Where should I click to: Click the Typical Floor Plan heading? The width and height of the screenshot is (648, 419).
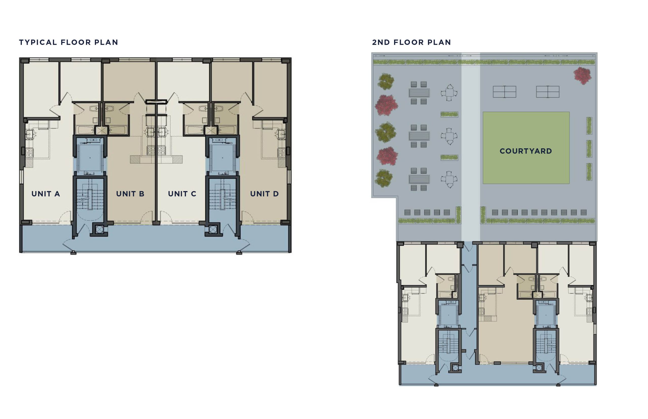pos(69,42)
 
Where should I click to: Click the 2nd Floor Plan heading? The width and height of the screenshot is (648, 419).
pos(412,42)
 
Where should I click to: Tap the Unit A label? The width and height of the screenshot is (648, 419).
pos(46,194)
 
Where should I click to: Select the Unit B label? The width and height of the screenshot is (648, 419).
pos(130,194)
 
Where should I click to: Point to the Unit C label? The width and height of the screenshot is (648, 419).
pos(182,194)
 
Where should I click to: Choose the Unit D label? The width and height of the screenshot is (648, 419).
pos(264,194)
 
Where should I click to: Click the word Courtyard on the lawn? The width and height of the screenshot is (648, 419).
pos(526,151)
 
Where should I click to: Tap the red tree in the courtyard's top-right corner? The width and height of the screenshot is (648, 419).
pos(582,75)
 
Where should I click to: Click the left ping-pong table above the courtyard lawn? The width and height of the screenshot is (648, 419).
pos(504,92)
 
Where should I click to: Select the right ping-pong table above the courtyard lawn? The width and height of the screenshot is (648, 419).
pos(548,92)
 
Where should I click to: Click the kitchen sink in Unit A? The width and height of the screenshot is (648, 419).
pos(29,134)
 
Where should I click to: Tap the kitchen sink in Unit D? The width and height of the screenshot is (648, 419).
pos(281,134)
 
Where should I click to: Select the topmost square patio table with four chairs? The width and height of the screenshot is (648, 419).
pos(449,93)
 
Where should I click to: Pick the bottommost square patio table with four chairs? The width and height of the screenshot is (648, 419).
pos(449,179)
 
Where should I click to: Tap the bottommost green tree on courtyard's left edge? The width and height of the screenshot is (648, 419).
pos(383,178)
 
